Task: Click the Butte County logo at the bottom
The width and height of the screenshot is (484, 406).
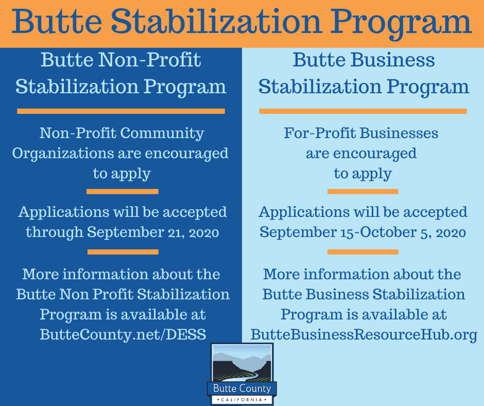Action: click(x=242, y=374)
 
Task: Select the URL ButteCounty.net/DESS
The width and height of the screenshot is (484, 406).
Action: click(x=123, y=334)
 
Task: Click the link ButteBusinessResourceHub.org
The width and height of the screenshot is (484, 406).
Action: click(x=364, y=334)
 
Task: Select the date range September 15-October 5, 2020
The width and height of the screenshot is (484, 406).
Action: click(x=362, y=232)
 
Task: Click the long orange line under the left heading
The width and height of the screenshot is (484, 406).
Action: click(x=121, y=111)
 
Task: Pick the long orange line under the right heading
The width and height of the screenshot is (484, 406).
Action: click(x=363, y=111)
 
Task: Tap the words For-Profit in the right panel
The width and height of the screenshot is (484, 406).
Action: click(x=320, y=133)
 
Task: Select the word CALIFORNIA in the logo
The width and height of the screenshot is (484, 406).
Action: click(x=242, y=400)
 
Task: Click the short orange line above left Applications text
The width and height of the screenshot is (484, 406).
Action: click(x=123, y=192)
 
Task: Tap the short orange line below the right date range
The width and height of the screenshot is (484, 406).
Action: click(x=363, y=252)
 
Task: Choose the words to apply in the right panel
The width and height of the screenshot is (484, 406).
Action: click(x=362, y=174)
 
